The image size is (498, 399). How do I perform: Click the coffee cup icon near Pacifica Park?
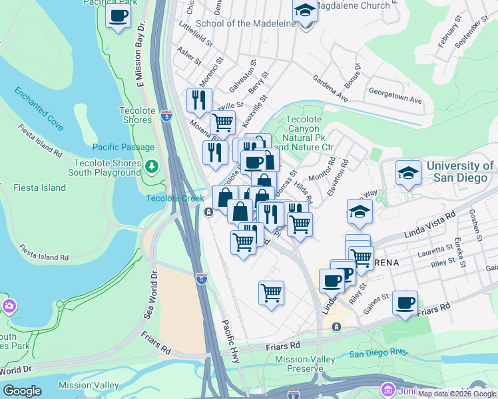pyautogui.click(x=118, y=16)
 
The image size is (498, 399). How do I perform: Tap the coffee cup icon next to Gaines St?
pyautogui.click(x=405, y=303)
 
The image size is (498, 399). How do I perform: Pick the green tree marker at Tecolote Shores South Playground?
pyautogui.click(x=152, y=166)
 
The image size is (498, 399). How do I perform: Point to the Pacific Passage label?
pyautogui.click(x=123, y=147)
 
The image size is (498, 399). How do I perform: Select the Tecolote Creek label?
pyautogui.click(x=175, y=198)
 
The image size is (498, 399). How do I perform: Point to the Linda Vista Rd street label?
pyautogui.click(x=429, y=227)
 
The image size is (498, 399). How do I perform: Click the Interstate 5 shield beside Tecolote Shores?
pyautogui.click(x=166, y=116)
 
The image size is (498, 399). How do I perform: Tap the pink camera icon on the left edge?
pyautogui.click(x=9, y=306)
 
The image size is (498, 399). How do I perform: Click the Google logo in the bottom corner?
pyautogui.click(x=22, y=391)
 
